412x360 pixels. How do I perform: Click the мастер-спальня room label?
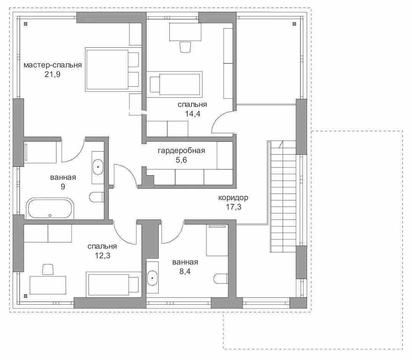click(53, 65)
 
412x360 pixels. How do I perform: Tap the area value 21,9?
click(53, 74)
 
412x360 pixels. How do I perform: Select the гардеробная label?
click(181, 151)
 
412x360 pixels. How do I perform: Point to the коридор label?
click(233, 197)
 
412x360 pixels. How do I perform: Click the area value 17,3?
click(233, 207)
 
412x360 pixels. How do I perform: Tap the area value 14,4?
click(193, 114)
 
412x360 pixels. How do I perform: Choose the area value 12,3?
click(103, 255)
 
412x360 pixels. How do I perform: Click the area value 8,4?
click(185, 271)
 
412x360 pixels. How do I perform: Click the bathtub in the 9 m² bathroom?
click(50, 208)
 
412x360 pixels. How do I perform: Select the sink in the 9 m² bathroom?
click(98, 167)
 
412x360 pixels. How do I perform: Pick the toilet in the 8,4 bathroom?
click(221, 279)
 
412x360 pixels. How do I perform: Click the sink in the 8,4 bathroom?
click(152, 278)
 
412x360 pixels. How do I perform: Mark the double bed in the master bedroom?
click(112, 70)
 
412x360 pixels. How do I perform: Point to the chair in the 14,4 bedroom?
click(185, 47)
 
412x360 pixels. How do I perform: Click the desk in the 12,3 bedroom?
click(48, 285)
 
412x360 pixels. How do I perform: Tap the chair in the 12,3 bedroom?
click(48, 270)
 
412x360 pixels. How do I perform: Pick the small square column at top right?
click(294, 24)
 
